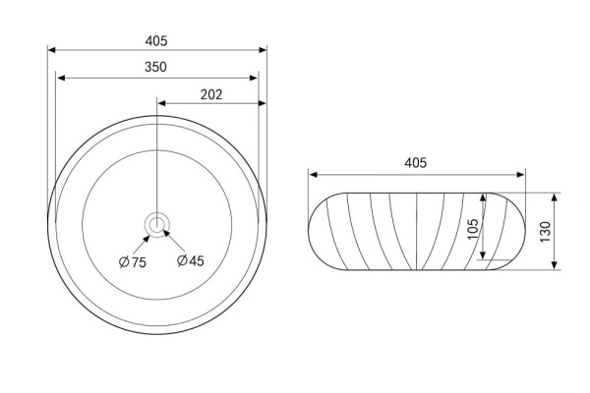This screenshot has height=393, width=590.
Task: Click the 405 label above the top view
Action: pyautogui.click(x=156, y=40)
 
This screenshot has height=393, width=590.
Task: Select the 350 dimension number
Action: pyautogui.click(x=155, y=67)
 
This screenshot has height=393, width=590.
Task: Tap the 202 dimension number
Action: pyautogui.click(x=211, y=94)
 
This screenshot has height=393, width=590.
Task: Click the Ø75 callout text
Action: pyautogui.click(x=133, y=261)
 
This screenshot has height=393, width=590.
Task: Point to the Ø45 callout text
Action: pyautogui.click(x=191, y=260)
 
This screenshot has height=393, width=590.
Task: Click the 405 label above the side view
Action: pyautogui.click(x=415, y=163)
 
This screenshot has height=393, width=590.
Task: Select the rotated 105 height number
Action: pyautogui.click(x=473, y=229)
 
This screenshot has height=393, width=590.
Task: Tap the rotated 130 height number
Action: pyautogui.click(x=545, y=232)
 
